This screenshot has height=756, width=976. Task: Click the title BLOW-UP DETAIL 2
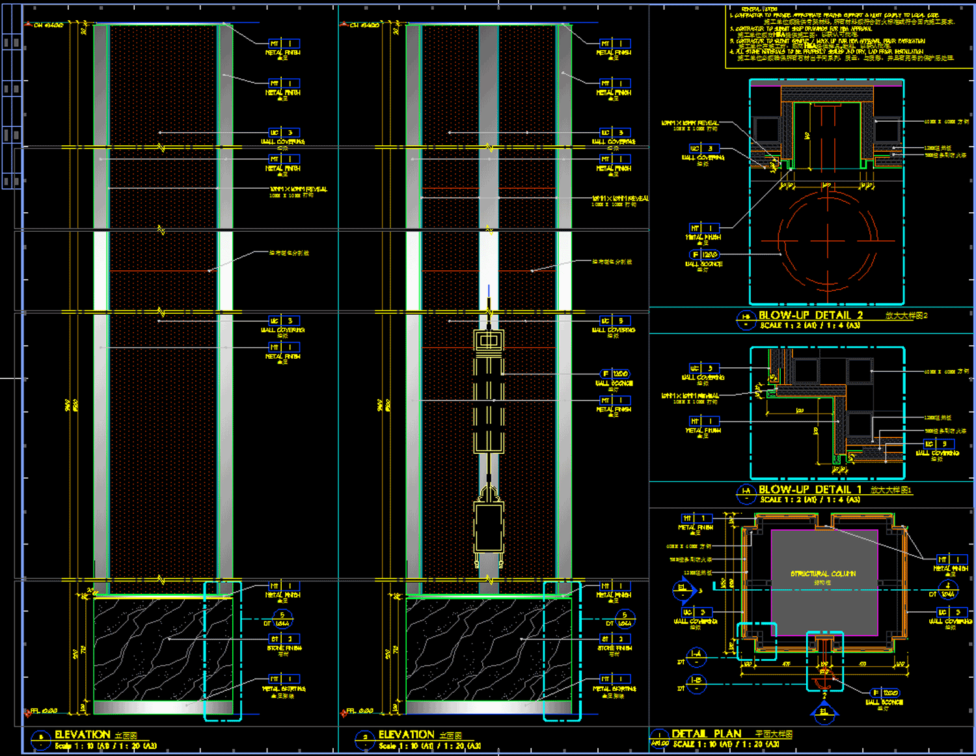811,315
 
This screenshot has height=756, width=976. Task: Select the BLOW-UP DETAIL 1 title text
809,490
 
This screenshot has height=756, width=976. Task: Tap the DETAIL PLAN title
706,734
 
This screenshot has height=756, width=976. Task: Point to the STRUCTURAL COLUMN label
823,574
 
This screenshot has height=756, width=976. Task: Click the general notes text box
846,36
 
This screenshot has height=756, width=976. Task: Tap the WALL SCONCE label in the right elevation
614,384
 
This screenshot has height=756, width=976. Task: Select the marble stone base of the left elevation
163,649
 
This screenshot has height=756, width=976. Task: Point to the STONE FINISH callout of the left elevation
284,648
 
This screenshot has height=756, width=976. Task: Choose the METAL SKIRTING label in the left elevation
284,688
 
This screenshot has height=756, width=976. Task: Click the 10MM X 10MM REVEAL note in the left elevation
299,189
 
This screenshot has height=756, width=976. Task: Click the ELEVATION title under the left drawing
83,735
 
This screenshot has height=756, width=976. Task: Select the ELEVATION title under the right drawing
407,735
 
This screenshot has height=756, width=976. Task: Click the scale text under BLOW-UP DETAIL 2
810,326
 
